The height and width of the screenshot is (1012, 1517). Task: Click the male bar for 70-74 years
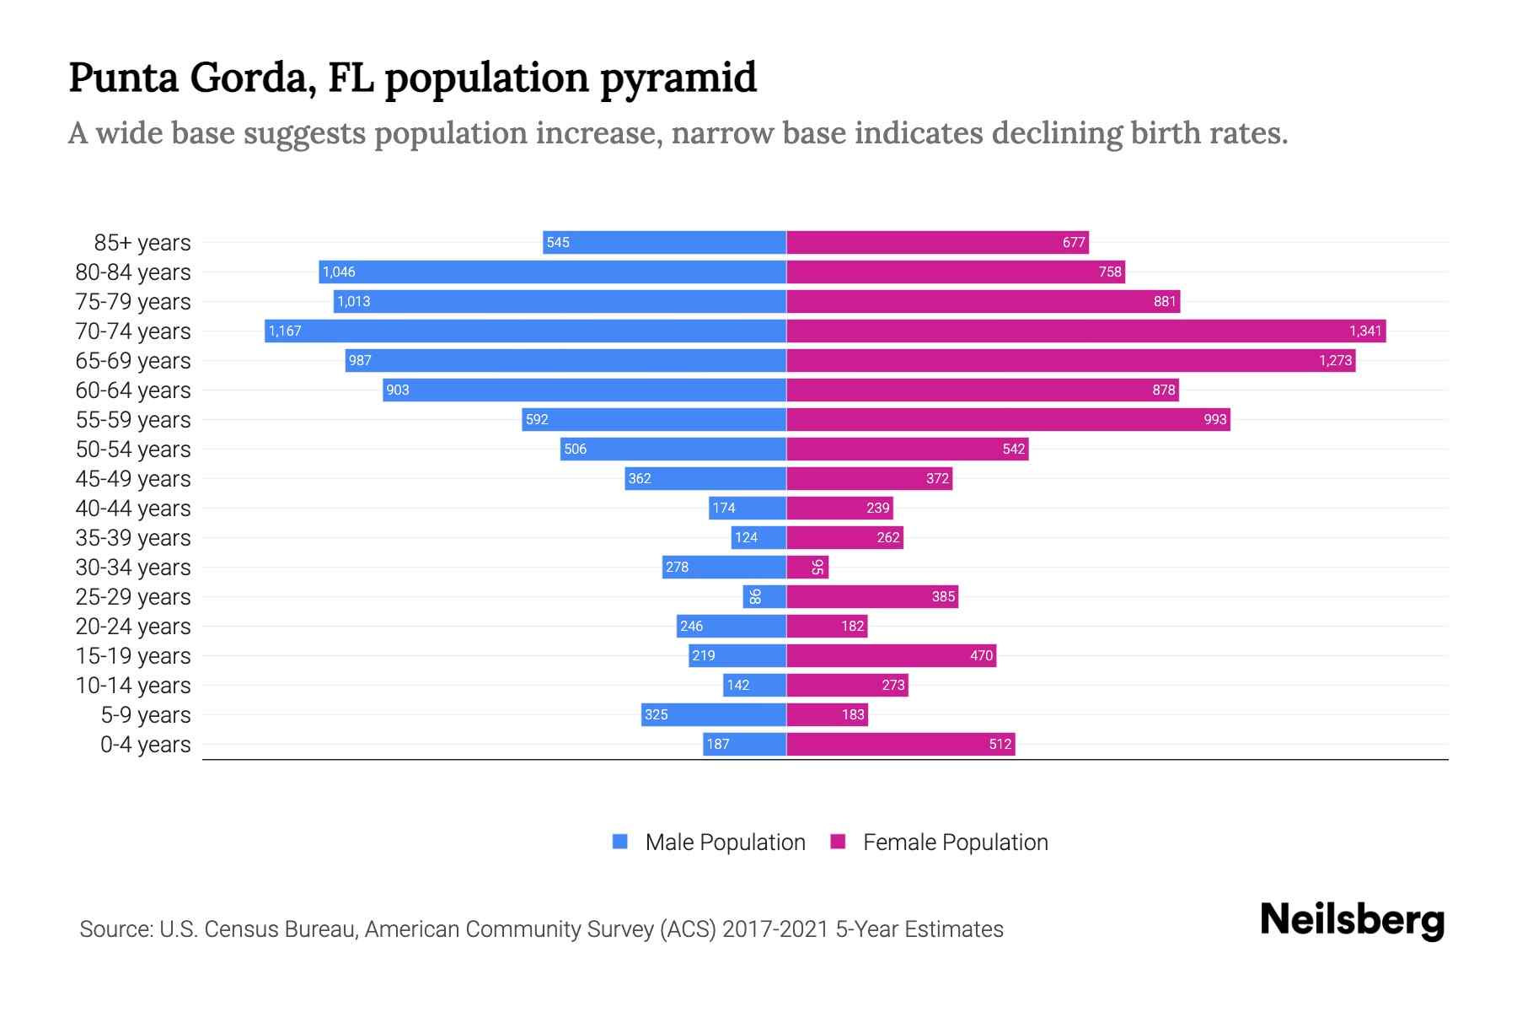pos(525,331)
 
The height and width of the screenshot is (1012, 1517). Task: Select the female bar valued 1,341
pos(1085,331)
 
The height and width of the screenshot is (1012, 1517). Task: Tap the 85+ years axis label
pos(142,243)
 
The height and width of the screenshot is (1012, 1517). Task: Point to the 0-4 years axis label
pos(145,745)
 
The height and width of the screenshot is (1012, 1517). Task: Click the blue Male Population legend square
pos(620,842)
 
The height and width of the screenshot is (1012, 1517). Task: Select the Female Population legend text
pos(955,842)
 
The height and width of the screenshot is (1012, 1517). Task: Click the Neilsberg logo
pos(1352,920)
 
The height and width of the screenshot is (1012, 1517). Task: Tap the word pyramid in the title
pos(678,78)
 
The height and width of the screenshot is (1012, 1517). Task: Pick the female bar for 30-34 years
pos(807,567)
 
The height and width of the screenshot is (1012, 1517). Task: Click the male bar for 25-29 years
pos(764,596)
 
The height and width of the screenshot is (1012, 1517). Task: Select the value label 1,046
pos(339,272)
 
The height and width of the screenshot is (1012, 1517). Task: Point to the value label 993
pos(1214,419)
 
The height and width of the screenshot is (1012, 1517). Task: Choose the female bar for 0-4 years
pos(900,744)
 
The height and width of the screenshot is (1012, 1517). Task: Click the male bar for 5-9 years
pos(713,714)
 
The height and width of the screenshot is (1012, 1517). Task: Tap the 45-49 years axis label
pos(133,479)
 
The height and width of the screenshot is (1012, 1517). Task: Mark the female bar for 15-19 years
pos(891,655)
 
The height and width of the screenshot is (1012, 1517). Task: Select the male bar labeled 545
pos(664,243)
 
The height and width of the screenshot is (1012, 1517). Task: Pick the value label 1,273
pos(1335,360)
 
